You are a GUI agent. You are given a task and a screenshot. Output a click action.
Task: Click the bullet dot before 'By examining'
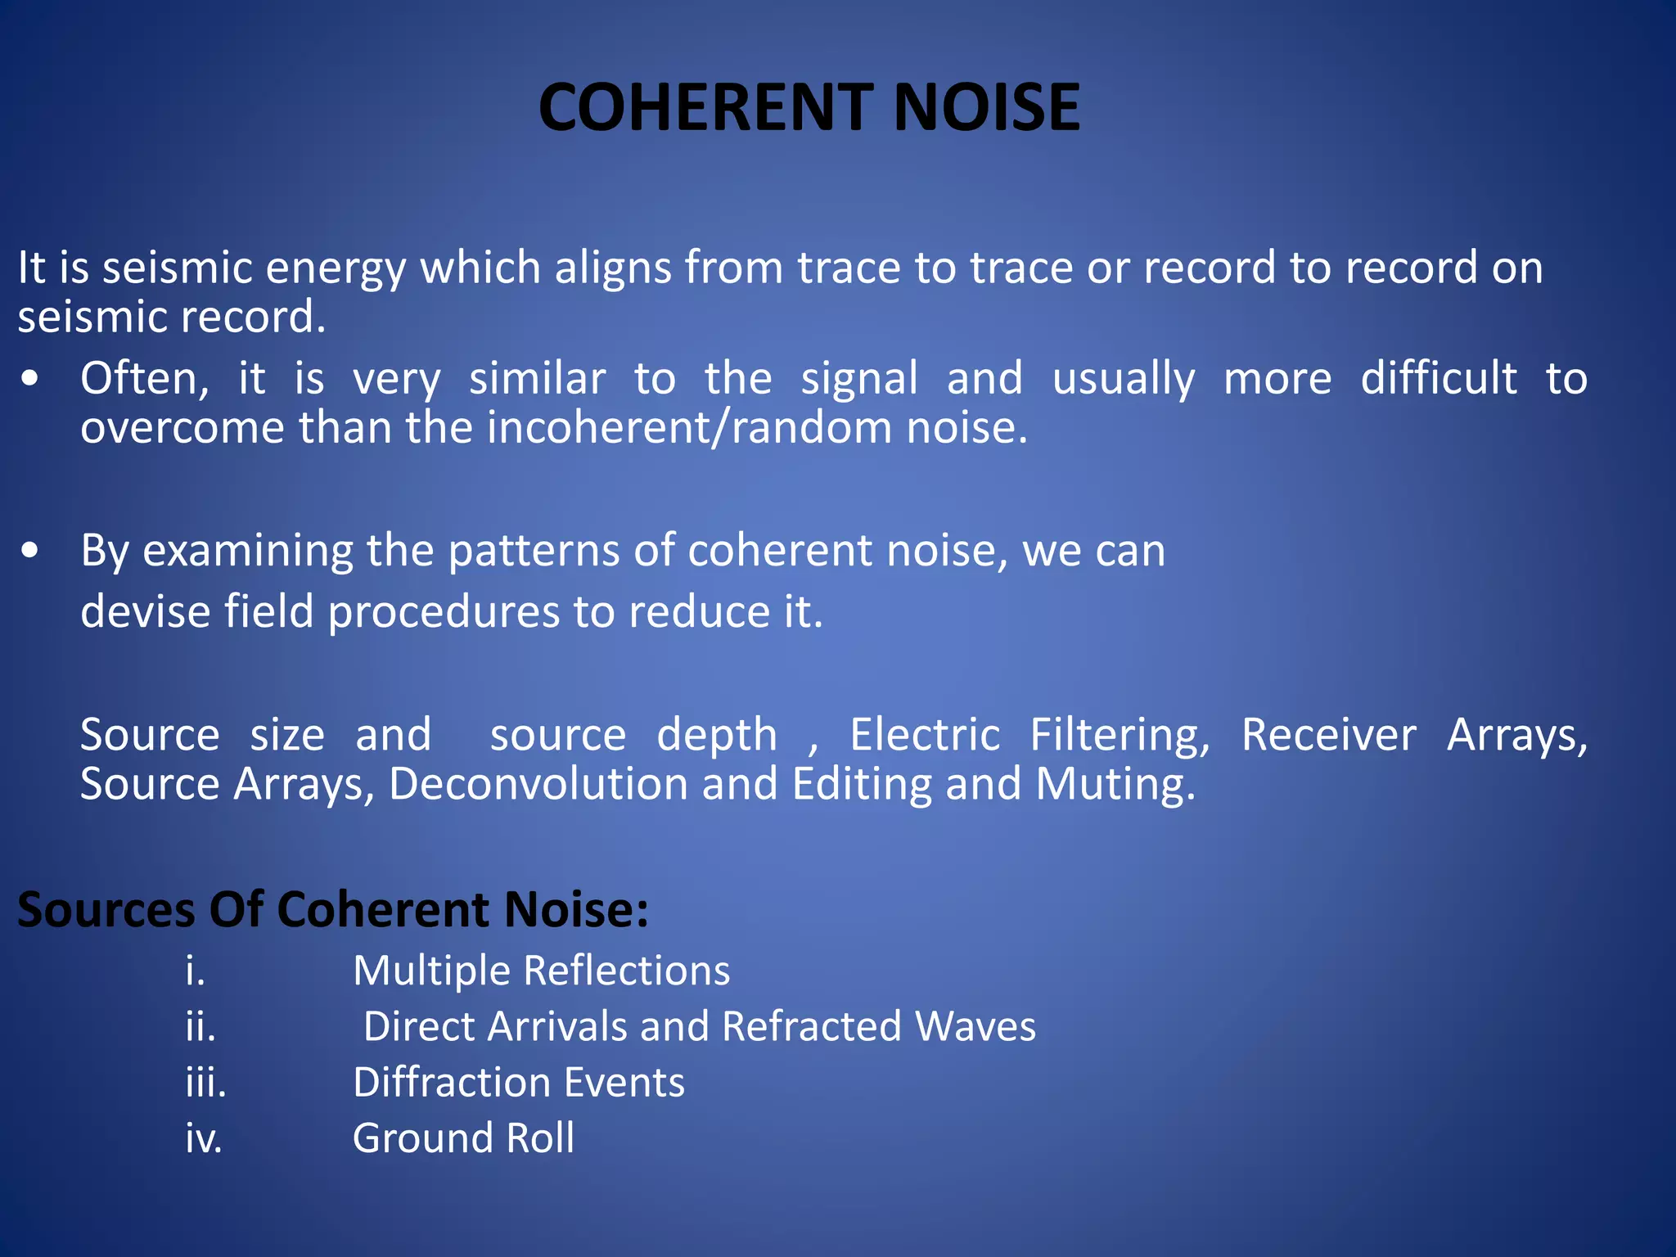point(30,551)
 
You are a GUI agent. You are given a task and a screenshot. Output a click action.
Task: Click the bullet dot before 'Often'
point(30,379)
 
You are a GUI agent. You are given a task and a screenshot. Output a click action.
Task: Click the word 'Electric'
point(925,735)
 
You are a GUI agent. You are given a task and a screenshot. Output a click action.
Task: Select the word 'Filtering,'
point(1120,735)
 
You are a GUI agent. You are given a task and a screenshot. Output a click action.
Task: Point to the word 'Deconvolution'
point(538,784)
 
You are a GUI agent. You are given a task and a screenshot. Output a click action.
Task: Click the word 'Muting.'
point(1115,784)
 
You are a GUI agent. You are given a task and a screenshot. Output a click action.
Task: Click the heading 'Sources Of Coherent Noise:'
point(332,909)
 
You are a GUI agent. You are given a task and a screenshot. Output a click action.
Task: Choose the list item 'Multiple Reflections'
point(541,971)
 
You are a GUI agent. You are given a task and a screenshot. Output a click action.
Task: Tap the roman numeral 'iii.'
point(205,1083)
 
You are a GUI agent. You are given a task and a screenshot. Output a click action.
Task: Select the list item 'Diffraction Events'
point(518,1083)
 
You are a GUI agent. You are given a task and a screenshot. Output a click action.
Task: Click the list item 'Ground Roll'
point(463,1138)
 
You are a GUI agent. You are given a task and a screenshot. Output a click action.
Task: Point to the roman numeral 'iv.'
point(204,1138)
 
